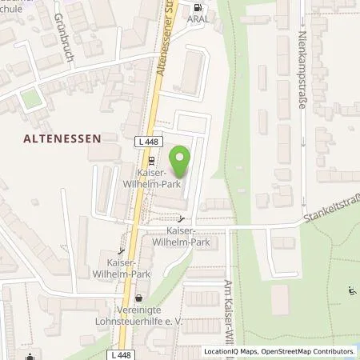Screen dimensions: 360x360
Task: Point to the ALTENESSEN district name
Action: [67, 138]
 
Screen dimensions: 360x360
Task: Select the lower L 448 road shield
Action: [123, 353]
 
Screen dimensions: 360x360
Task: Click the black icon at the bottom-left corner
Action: [30, 355]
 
